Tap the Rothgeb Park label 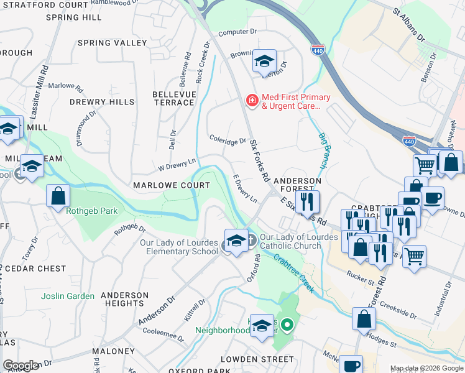coord(92,211)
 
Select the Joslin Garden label coord(68,297)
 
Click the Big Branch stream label coord(323,150)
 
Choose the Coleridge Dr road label coord(228,141)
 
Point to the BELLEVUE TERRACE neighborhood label coord(174,98)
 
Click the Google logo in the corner coord(21,365)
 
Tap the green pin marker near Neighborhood coord(287,324)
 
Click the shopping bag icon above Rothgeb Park coord(58,195)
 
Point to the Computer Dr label coord(237,32)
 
